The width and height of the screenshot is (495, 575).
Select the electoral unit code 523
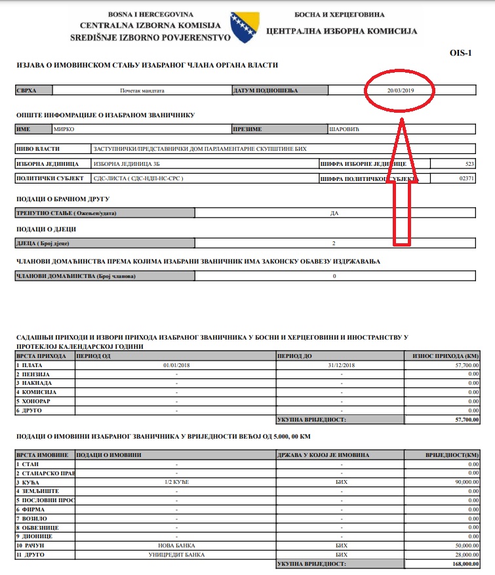470,163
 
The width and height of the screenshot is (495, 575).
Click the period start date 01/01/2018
176,365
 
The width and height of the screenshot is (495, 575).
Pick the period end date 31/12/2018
340,365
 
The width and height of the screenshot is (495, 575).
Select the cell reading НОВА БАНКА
176,545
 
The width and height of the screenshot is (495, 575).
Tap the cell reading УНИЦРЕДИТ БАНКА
176,554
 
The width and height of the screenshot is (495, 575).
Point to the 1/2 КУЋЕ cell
176,481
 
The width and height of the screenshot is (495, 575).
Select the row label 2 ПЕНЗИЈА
33,374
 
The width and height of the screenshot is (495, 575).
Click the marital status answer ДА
334,212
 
